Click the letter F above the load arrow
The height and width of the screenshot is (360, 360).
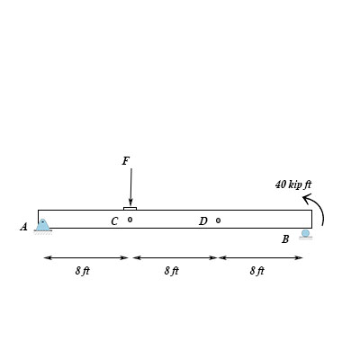[x=126, y=161]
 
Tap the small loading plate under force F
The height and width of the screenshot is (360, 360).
[x=130, y=208]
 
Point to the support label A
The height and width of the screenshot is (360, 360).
[x=24, y=228]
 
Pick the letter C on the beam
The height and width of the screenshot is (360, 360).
[x=114, y=221]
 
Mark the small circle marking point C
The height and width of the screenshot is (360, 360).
[x=130, y=220]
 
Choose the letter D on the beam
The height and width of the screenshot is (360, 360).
[x=202, y=221]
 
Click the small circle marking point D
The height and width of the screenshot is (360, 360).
[x=218, y=220]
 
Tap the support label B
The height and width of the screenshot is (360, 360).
[x=285, y=239]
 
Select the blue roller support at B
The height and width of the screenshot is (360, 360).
[x=306, y=234]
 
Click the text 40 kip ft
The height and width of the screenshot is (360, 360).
[x=292, y=184]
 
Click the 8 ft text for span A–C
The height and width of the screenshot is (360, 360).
[x=83, y=271]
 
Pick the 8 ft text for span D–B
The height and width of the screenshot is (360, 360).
[x=256, y=271]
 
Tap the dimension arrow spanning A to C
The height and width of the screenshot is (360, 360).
[x=86, y=257]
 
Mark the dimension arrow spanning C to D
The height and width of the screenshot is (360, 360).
[x=175, y=257]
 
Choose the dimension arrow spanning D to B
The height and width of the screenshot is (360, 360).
[x=261, y=257]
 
